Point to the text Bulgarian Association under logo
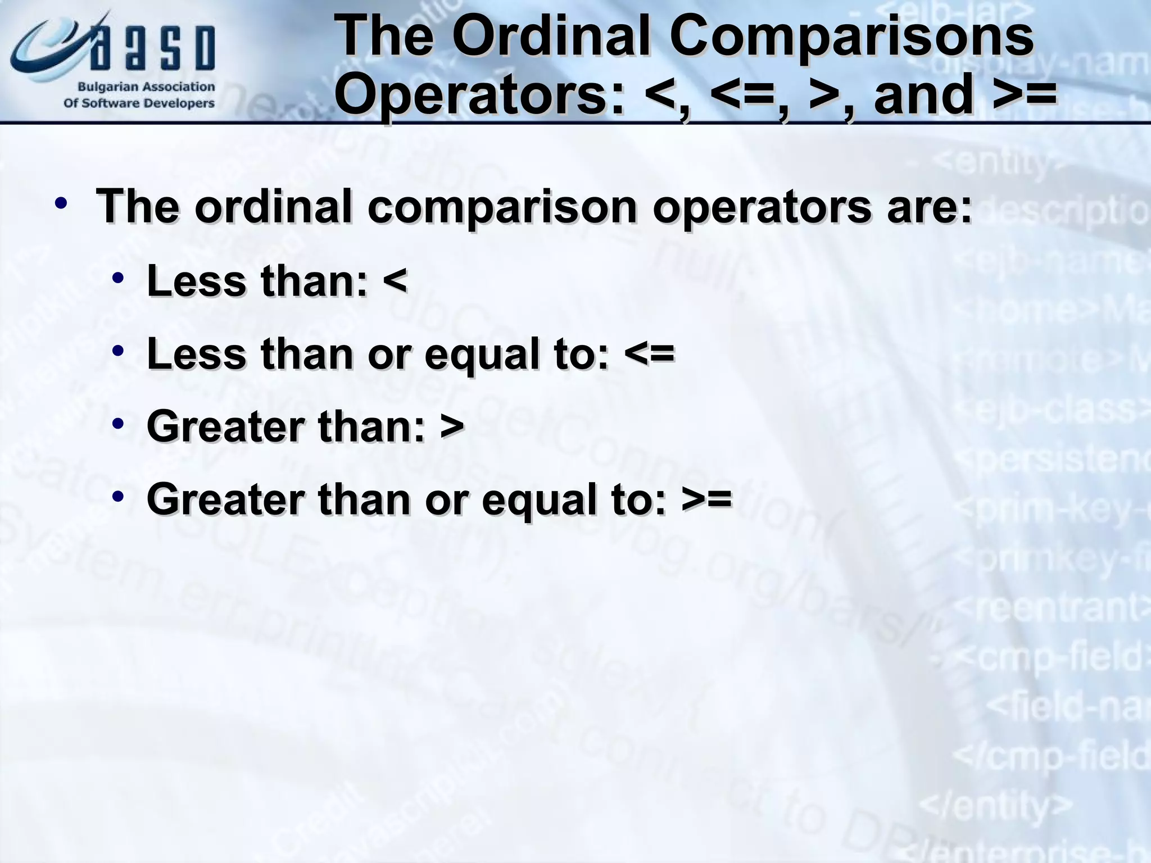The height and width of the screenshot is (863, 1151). [146, 88]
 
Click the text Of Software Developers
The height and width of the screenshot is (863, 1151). [139, 103]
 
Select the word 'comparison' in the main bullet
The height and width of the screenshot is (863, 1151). [501, 207]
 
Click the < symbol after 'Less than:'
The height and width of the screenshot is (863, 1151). [395, 281]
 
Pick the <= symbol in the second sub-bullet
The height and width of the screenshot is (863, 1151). [649, 354]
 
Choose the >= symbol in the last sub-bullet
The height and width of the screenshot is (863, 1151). [707, 499]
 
